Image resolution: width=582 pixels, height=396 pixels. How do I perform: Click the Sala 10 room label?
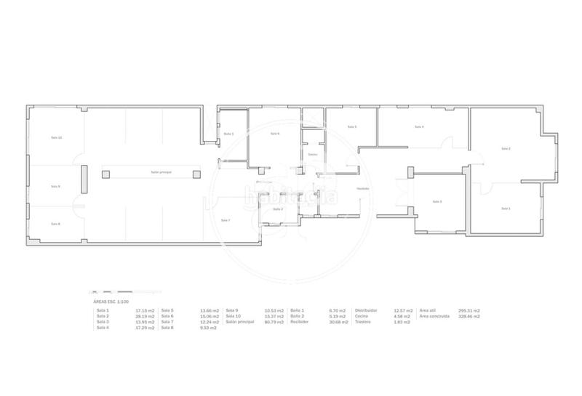pos(56,137)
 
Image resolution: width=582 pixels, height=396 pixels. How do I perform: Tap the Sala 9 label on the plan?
pos(55,186)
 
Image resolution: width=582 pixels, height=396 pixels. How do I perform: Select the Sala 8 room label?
pos(55,224)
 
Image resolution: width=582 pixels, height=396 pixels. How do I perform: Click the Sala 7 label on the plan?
pos(226,220)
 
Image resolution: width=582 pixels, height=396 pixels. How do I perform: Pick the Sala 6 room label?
pos(274,134)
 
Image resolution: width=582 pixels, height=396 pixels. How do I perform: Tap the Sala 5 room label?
pos(352,127)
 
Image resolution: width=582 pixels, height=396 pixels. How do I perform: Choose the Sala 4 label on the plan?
pos(418,127)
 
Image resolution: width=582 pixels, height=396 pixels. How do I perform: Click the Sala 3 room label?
pos(436,201)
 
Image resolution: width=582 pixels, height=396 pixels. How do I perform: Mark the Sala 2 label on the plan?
pos(506,149)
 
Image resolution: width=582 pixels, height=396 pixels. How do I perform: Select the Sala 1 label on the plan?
pos(506,209)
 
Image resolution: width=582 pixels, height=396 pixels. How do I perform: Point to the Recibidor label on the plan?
pos(362,189)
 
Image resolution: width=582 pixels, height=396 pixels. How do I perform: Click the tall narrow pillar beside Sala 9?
pos(84,179)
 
